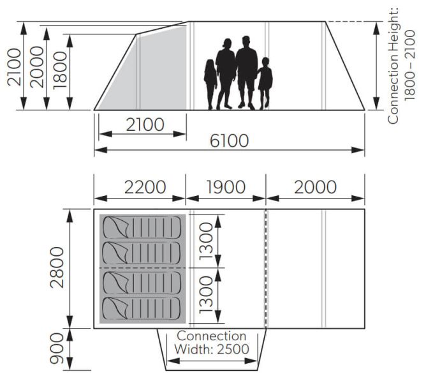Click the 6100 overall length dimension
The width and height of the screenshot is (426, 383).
pyautogui.click(x=230, y=140)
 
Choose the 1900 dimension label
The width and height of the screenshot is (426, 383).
pyautogui.click(x=226, y=187)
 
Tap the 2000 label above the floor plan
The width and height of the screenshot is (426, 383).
pyautogui.click(x=315, y=187)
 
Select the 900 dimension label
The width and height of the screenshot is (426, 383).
pyautogui.click(x=58, y=349)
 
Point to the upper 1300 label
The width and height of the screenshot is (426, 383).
pyautogui.click(x=205, y=241)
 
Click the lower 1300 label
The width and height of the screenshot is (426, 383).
pyautogui.click(x=205, y=296)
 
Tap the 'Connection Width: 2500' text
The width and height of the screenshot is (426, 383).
pyautogui.click(x=212, y=343)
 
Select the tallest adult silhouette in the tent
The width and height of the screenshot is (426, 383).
pyautogui.click(x=246, y=73)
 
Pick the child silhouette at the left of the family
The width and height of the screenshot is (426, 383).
pyautogui.click(x=210, y=84)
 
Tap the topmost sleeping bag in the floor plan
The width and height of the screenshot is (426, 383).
pyautogui.click(x=141, y=226)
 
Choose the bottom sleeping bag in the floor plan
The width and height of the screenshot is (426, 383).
pyautogui.click(x=141, y=310)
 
